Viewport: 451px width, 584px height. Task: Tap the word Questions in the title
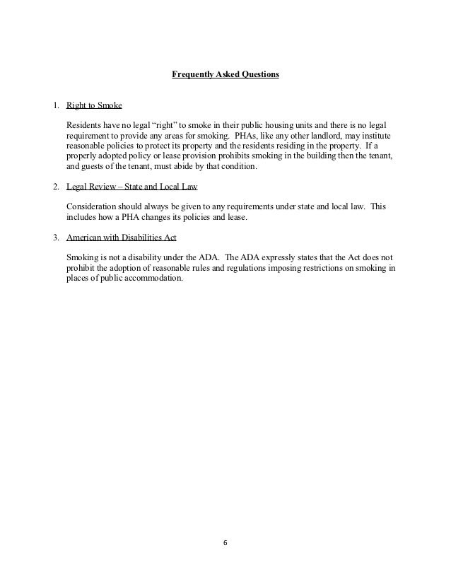pyautogui.click(x=257, y=74)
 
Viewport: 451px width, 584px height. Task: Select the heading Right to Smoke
pyautogui.click(x=94, y=107)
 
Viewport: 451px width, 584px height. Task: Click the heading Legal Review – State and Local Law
pyautogui.click(x=131, y=187)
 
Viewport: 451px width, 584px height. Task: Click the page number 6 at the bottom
pyautogui.click(x=225, y=544)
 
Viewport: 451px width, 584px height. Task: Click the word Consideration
pyautogui.click(x=94, y=206)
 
